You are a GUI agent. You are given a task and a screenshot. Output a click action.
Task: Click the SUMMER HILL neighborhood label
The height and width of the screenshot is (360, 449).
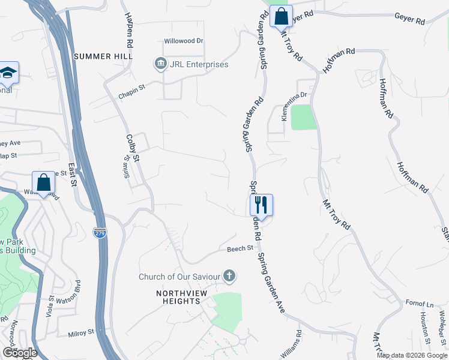pos(103,56)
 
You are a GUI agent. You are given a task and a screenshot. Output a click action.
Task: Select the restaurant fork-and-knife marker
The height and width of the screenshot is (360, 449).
pos(261,205)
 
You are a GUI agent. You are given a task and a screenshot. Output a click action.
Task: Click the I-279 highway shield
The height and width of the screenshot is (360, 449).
pos(100,232)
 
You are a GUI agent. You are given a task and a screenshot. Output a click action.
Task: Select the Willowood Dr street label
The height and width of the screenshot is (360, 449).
pos(184,41)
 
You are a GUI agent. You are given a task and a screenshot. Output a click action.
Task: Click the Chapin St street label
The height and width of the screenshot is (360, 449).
pos(132,88)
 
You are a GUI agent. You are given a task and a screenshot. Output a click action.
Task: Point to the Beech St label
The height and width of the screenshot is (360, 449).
pos(240,248)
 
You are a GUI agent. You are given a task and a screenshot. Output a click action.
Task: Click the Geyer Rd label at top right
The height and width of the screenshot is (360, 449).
pos(409,19)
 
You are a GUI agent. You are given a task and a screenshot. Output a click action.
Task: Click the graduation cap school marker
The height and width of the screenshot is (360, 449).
pos(8,73)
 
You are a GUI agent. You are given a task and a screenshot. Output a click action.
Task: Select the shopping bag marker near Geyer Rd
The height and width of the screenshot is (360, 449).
pos(281,16)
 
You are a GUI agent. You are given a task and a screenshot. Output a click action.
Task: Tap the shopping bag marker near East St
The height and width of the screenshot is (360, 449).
pos(43,182)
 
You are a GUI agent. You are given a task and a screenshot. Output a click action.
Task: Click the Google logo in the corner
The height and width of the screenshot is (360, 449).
pos(19,353)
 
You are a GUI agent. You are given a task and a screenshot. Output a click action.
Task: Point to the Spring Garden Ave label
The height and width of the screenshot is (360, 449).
pos(273,281)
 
